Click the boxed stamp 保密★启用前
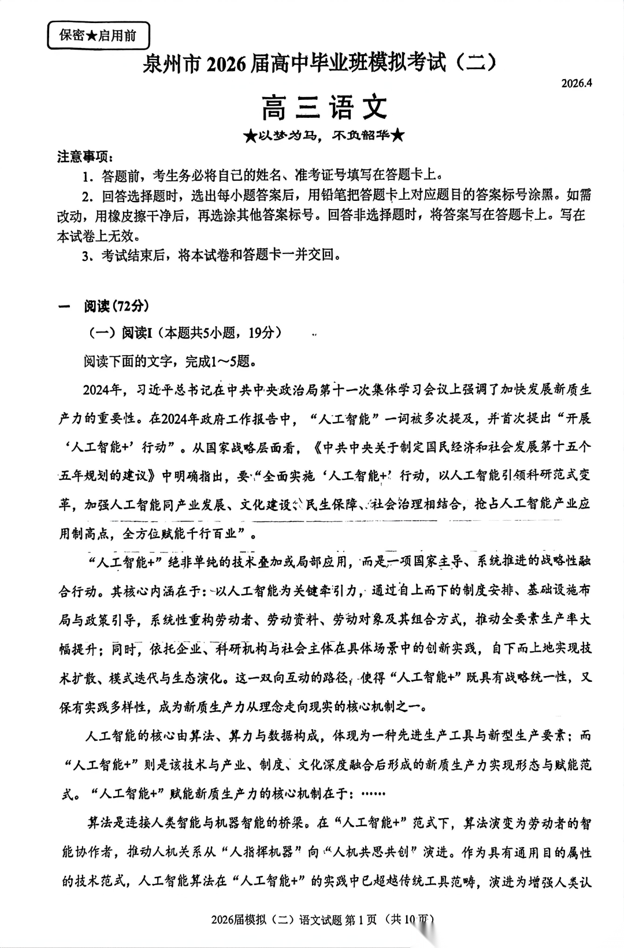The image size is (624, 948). pos(98,36)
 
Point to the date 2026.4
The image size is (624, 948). pos(577,83)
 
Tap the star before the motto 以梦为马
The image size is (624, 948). pos(249,136)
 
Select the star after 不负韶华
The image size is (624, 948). pos(398,136)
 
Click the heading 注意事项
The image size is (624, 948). pos(85,156)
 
